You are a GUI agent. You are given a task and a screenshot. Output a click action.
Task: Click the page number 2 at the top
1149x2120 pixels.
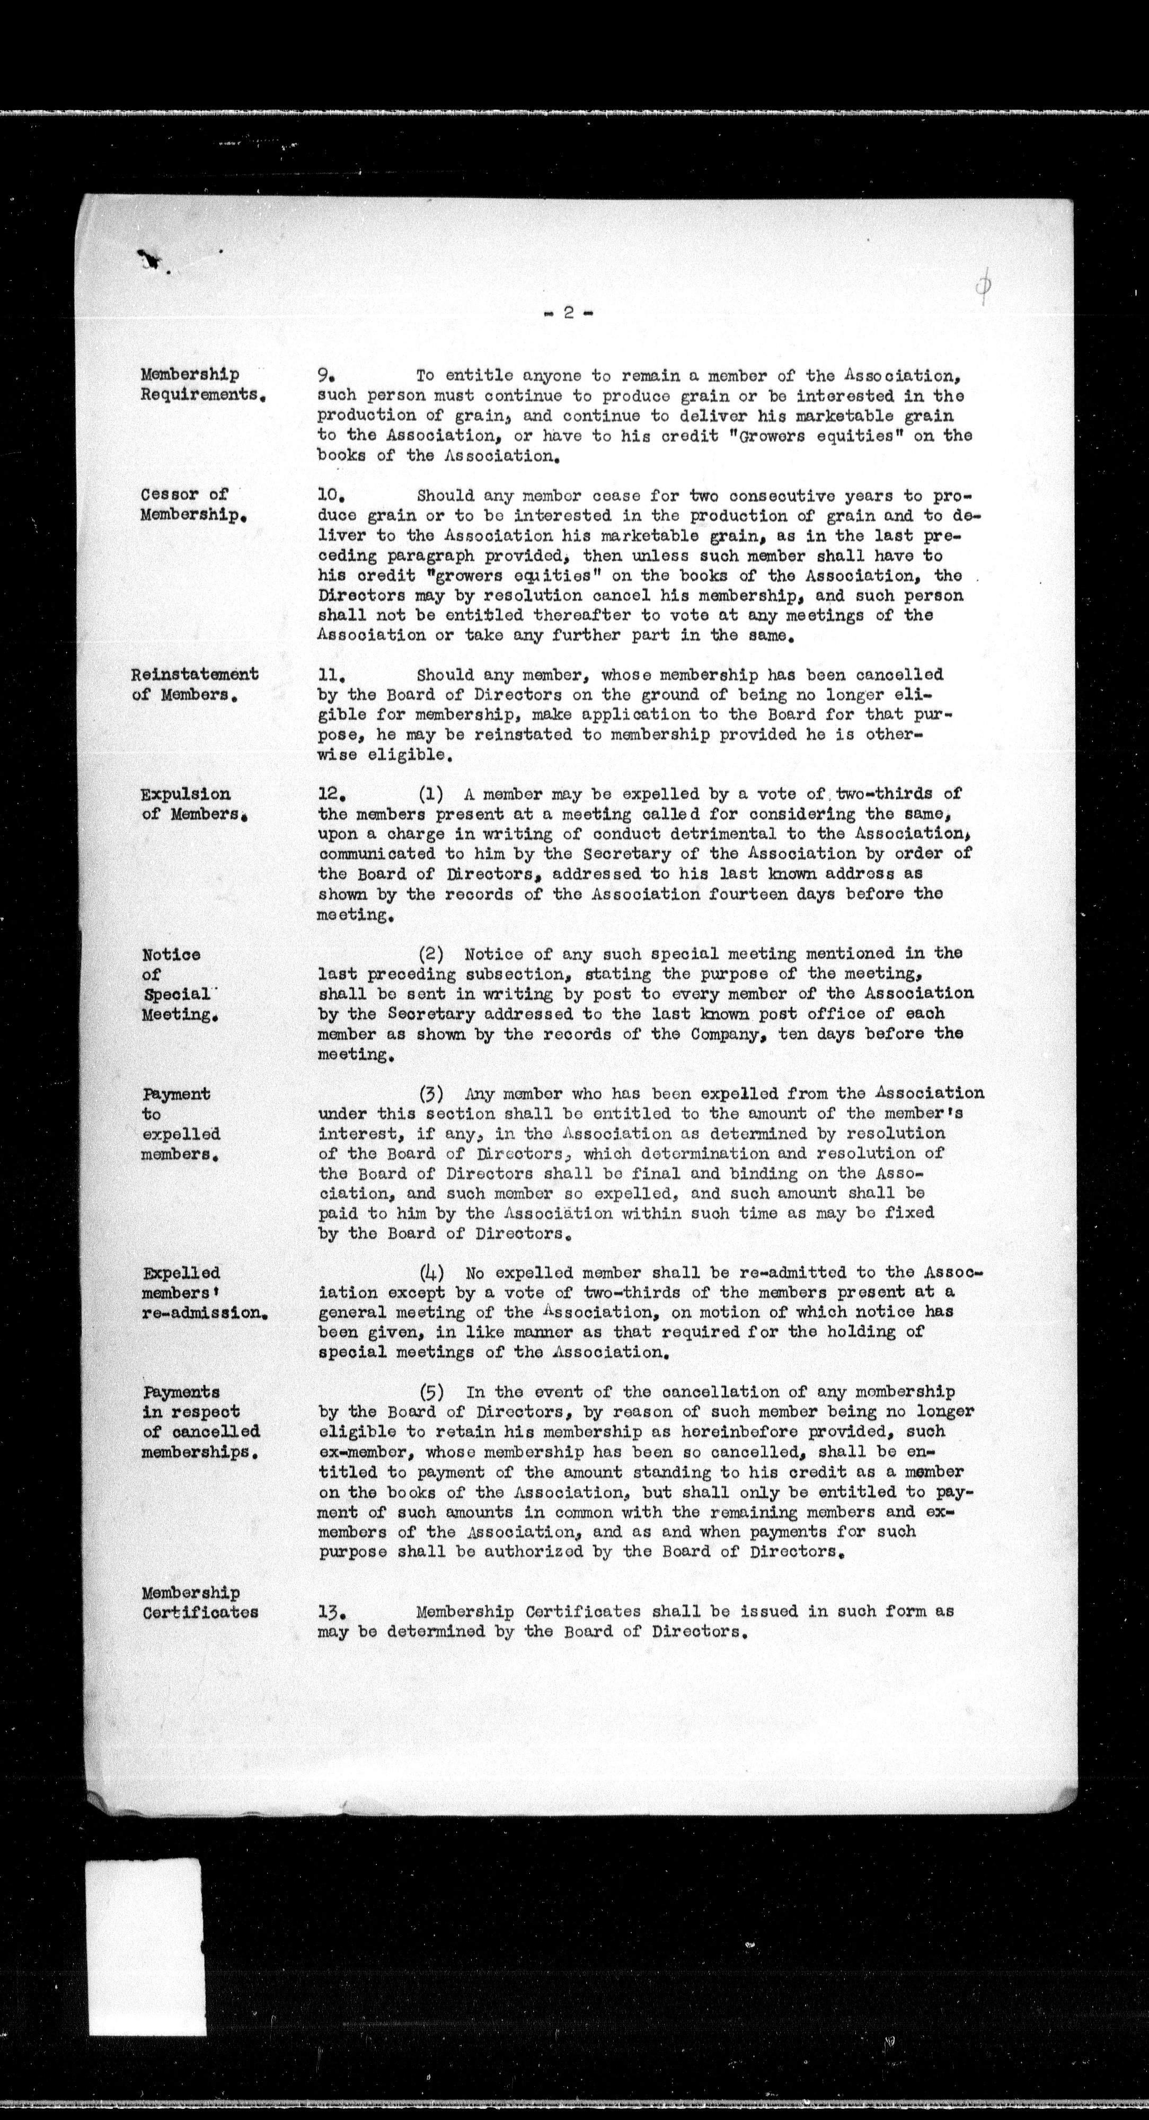[569, 313]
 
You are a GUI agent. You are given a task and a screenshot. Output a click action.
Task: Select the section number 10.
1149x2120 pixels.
[329, 496]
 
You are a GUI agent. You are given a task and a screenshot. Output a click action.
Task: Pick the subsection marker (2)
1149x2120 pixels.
[432, 954]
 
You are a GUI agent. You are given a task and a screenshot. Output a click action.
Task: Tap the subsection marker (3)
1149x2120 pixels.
[432, 1094]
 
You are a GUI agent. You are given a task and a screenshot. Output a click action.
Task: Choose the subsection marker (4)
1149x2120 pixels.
[432, 1273]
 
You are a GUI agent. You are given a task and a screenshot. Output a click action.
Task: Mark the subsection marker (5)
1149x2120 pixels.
[432, 1392]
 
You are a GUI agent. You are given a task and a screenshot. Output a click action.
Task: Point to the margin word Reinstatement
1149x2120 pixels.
[195, 674]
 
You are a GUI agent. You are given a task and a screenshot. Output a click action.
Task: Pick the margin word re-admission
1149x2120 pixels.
[204, 1313]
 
